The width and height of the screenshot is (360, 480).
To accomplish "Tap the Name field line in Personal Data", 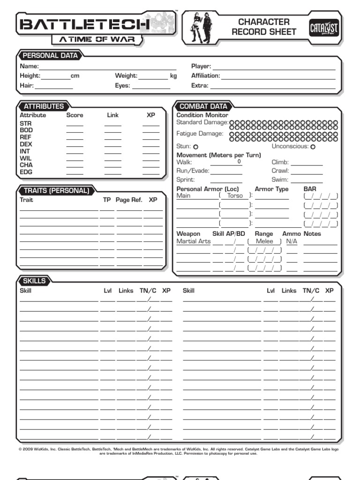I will (107, 67).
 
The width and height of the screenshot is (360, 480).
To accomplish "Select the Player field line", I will (274, 67).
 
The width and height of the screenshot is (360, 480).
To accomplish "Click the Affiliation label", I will (205, 75).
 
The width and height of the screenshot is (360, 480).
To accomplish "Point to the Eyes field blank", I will (151, 86).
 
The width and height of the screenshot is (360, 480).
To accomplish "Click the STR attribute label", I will (25, 123).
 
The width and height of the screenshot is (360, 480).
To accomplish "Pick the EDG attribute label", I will (26, 172).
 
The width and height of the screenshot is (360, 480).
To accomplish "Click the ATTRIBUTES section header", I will (44, 106).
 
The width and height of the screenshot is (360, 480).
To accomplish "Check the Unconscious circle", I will (313, 147).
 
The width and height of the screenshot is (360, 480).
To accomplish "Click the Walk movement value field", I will (226, 162).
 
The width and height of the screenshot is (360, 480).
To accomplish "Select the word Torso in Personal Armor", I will (235, 195).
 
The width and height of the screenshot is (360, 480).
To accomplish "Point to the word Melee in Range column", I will (264, 241).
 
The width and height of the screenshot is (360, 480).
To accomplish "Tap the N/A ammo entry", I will (292, 241).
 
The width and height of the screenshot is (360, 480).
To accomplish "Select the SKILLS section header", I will (35, 281).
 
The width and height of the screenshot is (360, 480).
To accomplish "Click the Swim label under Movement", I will (279, 180).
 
